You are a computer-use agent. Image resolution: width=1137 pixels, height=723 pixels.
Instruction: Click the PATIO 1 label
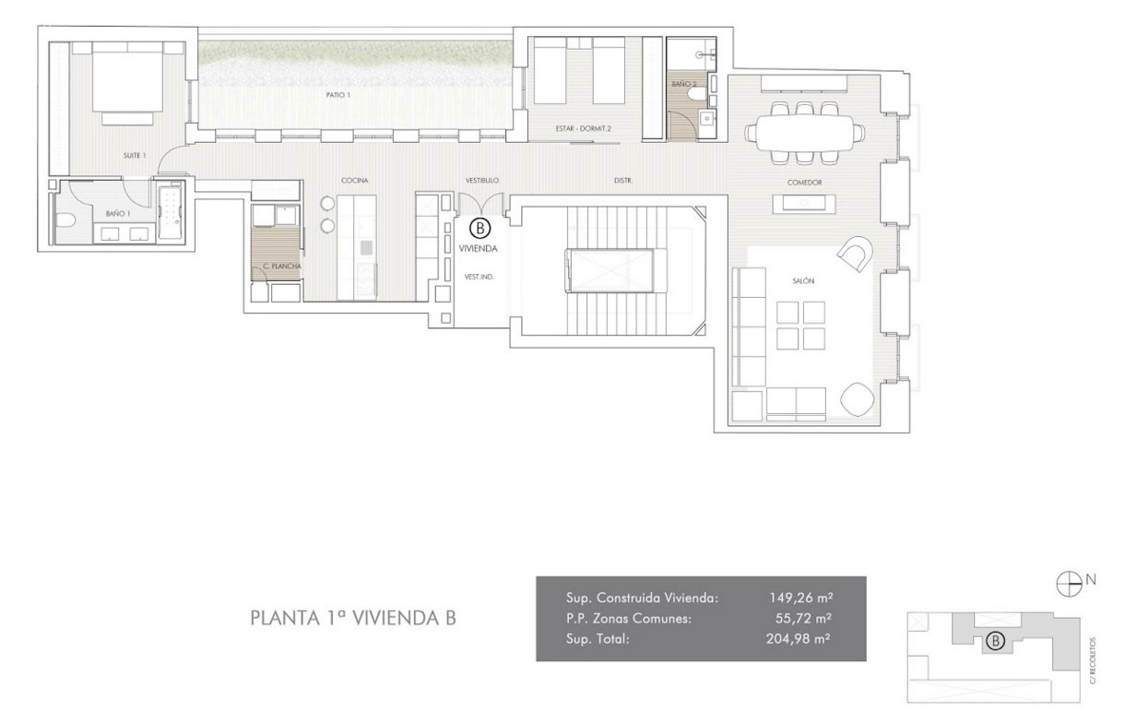point(338,95)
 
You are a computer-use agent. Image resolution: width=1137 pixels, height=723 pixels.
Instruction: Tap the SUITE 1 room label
point(135,155)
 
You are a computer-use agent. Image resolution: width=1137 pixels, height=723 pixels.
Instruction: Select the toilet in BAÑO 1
point(65,220)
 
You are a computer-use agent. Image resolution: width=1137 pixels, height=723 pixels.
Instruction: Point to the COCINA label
point(355,180)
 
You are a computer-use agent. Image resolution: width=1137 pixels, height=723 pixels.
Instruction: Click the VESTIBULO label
point(482,180)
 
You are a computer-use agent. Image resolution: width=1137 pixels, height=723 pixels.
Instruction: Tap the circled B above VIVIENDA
point(480,229)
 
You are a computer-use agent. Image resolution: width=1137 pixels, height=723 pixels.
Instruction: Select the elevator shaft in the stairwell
point(610,270)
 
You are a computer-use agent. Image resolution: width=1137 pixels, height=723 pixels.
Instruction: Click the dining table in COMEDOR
point(804,133)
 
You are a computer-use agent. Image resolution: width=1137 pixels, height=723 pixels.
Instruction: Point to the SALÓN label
point(803,280)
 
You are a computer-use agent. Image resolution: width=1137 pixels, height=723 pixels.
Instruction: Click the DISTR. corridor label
point(623,181)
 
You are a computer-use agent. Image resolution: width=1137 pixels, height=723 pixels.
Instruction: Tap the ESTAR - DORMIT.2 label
point(583,129)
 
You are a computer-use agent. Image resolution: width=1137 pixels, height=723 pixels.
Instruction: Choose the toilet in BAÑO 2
point(696,95)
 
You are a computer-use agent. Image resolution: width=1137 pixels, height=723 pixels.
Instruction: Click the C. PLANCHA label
point(282,266)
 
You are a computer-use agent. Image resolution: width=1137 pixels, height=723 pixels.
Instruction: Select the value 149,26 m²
point(801,598)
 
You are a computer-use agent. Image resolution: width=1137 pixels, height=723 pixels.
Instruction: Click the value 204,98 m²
point(799,638)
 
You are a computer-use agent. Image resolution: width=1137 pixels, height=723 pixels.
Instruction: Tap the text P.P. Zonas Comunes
point(628,619)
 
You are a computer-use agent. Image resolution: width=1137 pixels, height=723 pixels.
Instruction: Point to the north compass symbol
point(1069,584)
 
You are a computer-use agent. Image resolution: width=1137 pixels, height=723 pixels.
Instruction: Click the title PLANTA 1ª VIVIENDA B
point(353,618)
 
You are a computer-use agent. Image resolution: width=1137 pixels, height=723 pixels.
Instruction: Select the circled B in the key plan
point(995,641)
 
